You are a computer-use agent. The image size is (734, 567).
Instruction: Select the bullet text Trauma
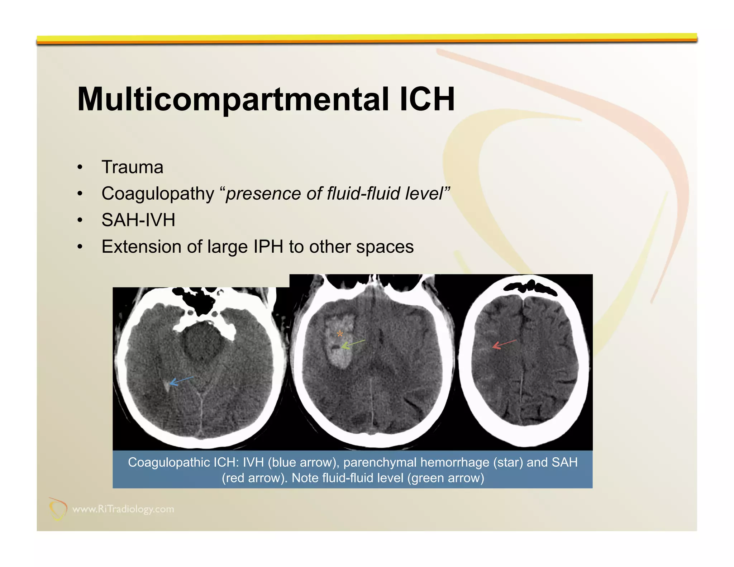pyautogui.click(x=132, y=167)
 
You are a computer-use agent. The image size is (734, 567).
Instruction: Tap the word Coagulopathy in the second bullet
pyautogui.click(x=158, y=194)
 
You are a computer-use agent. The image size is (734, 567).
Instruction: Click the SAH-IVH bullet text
pyautogui.click(x=138, y=220)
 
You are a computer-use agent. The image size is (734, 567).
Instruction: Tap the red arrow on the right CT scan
pyautogui.click(x=504, y=344)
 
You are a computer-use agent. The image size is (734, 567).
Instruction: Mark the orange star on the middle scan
pyautogui.click(x=340, y=334)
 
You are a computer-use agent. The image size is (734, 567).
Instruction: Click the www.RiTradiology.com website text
pyautogui.click(x=123, y=509)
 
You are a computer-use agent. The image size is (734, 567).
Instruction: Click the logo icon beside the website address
pyautogui.click(x=57, y=509)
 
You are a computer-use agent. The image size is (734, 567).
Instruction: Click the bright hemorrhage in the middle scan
pyautogui.click(x=339, y=355)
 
